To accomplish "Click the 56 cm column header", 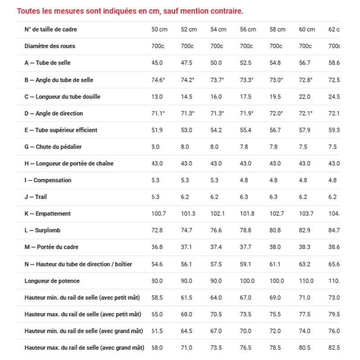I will pos(248,30).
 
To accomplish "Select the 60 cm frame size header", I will pos(307,30).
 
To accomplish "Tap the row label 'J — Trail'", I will pos(36,197).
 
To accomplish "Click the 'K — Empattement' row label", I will pos(47,214).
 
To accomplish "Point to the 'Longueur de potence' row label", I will pos(52,281).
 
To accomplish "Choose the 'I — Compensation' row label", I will pos(48,180).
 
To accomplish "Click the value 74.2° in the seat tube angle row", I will pos(188,80).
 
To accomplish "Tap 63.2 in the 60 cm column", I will pos(305,264).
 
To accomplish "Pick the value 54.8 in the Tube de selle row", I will pos(275,63).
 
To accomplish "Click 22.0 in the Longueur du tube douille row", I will pos(305,97).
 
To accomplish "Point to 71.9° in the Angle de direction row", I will pos(247,113).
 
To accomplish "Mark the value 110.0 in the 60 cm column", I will pos(306,281).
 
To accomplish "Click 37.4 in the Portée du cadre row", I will pos(216,247).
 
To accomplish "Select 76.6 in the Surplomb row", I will pos(216,230).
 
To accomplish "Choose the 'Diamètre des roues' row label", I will pos(49,46).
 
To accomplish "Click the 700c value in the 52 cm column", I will pos(187,46).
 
